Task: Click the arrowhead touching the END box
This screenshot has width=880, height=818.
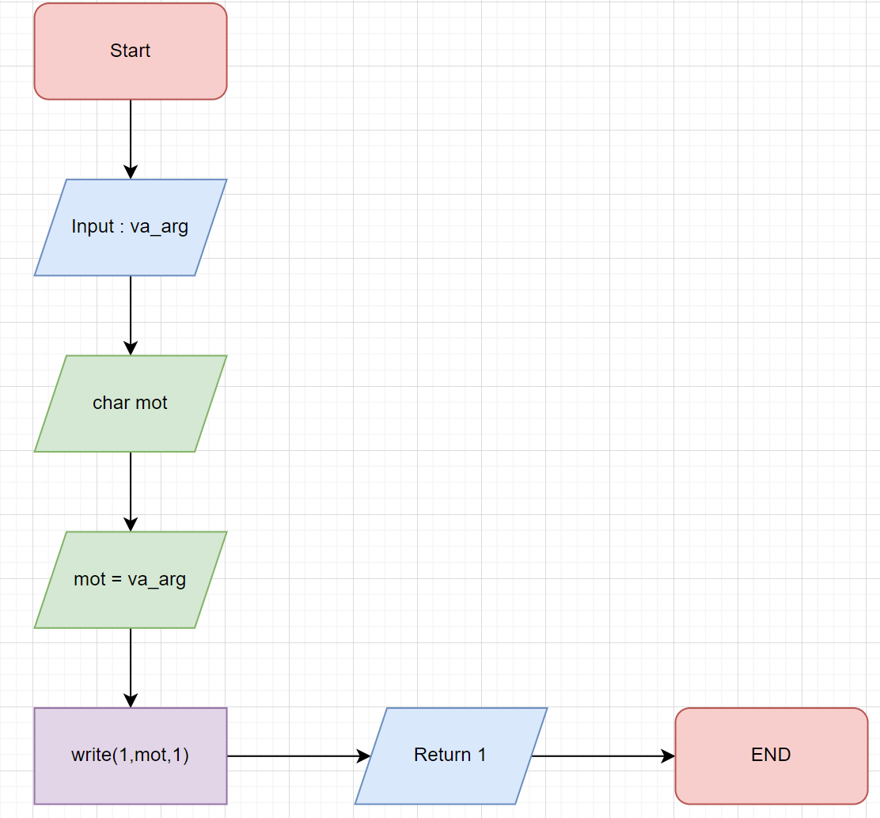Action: click(x=669, y=756)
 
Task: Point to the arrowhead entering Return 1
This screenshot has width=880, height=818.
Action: click(x=364, y=756)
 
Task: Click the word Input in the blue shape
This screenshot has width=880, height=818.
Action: click(x=92, y=226)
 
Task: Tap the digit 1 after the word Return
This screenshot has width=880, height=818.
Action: click(x=481, y=755)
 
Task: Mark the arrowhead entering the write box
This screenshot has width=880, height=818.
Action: click(x=131, y=700)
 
